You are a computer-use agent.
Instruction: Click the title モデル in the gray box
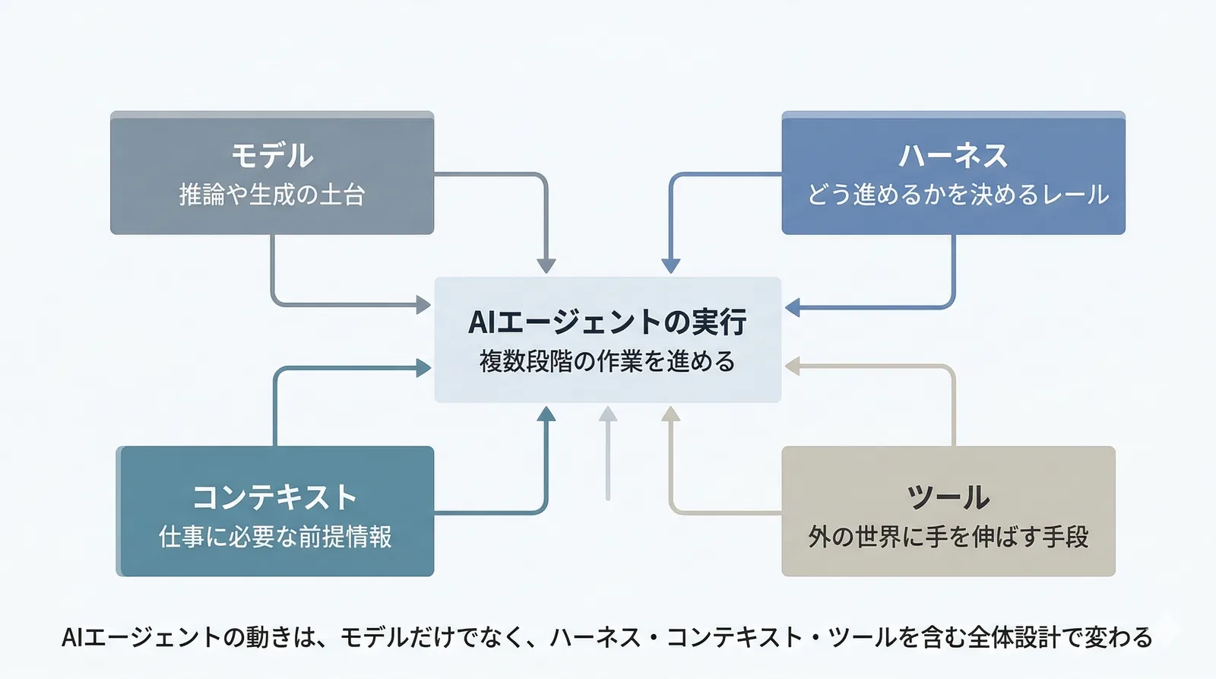(x=272, y=156)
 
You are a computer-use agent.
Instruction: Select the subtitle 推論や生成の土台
(x=272, y=195)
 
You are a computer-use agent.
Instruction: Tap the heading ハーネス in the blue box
(x=953, y=156)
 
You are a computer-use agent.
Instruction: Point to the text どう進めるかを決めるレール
(x=958, y=195)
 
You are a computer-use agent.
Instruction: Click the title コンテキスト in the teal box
(x=274, y=498)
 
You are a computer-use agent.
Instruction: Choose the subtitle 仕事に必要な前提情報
(x=275, y=538)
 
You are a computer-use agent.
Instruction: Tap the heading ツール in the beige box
(x=948, y=498)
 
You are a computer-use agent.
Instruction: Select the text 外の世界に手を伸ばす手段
(x=948, y=538)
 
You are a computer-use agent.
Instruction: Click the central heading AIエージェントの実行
(x=607, y=322)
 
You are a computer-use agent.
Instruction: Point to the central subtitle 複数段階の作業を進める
(x=607, y=361)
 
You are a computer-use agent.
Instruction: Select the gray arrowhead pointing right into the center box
(x=423, y=306)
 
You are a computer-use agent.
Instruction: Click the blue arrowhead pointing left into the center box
(x=793, y=308)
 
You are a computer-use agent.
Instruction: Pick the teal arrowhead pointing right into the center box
(x=423, y=369)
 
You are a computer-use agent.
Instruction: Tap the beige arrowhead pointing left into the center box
(x=793, y=366)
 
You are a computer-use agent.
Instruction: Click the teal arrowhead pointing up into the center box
(x=546, y=414)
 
